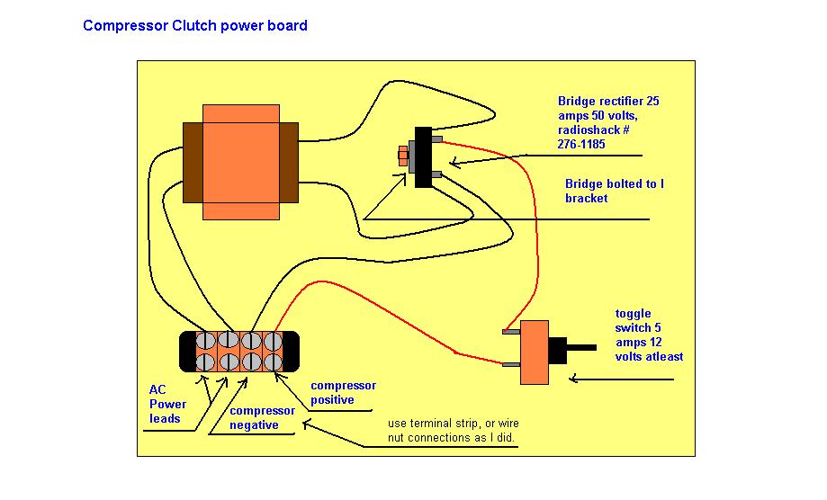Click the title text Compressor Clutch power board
[x=195, y=26]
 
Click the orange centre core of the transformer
[x=240, y=162]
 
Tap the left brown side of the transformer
[x=193, y=163]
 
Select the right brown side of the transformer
[x=289, y=163]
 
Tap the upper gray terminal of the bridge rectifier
[x=436, y=139]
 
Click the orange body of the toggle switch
[x=535, y=352]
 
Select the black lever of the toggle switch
[x=576, y=347]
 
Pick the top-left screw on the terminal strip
[x=207, y=341]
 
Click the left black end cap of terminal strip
[x=187, y=351]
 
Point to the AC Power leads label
[x=167, y=404]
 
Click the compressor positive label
[x=343, y=392]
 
